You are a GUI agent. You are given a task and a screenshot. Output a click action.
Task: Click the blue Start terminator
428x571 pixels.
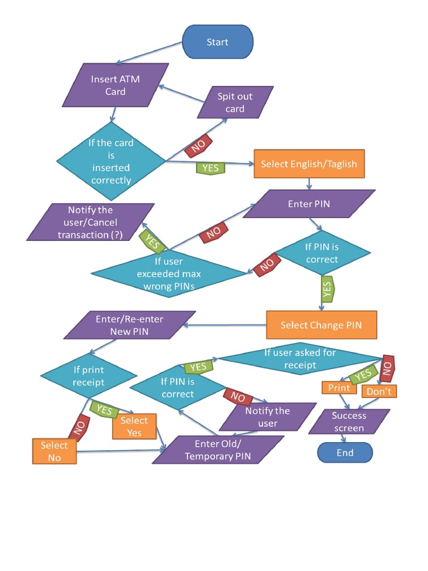pyautogui.click(x=218, y=42)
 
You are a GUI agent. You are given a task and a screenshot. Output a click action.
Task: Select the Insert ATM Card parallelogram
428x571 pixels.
pyautogui.click(x=115, y=85)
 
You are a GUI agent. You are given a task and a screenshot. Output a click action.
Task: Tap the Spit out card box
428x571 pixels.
pyautogui.click(x=235, y=102)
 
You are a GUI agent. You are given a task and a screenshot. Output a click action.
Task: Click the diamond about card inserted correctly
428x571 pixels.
pyautogui.click(x=111, y=161)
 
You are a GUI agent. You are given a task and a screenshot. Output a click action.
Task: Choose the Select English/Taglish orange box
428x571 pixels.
pyautogui.click(x=309, y=164)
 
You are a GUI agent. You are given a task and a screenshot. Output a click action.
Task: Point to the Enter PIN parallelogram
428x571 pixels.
pyautogui.click(x=309, y=204)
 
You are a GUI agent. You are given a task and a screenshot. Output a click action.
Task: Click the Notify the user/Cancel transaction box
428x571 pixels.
pyautogui.click(x=90, y=222)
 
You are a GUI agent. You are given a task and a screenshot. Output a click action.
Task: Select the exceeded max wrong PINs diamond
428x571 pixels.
pyautogui.click(x=169, y=273)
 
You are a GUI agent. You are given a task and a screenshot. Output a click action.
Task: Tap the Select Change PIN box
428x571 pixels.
pyautogui.click(x=321, y=325)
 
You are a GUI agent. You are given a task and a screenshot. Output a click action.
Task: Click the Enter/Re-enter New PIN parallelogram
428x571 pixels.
pyautogui.click(x=129, y=325)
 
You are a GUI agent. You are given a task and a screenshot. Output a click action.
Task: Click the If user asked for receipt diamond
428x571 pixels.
pyautogui.click(x=300, y=359)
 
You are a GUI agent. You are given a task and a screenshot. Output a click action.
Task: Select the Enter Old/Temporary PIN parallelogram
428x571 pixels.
pyautogui.click(x=218, y=449)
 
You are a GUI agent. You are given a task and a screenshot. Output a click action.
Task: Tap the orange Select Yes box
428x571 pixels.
pyautogui.click(x=134, y=427)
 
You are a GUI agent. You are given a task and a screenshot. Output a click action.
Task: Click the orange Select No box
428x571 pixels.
pyautogui.click(x=54, y=451)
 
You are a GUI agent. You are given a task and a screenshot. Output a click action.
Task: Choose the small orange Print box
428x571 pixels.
pyautogui.click(x=339, y=388)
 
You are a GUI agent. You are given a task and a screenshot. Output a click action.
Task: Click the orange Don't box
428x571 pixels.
pyautogui.click(x=379, y=391)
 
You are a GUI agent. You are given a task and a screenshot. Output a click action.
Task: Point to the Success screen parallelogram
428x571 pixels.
pyautogui.click(x=349, y=422)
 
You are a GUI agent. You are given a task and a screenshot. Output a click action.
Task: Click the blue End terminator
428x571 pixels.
pyautogui.click(x=344, y=453)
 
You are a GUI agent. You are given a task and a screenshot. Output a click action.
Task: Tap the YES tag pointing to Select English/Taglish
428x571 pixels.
pyautogui.click(x=210, y=167)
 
